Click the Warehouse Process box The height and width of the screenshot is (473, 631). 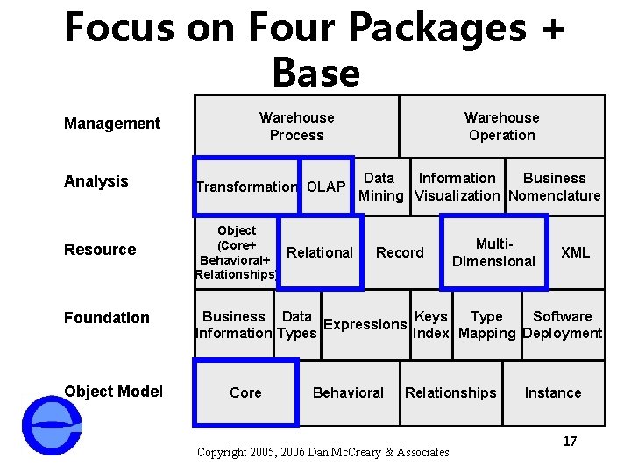pyautogui.click(x=296, y=126)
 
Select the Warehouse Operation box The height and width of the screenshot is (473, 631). pyautogui.click(x=501, y=126)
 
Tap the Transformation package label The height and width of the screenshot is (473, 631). pyautogui.click(x=246, y=187)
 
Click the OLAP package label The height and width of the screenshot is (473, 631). pyautogui.click(x=326, y=187)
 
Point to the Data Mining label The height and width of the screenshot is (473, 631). pyautogui.click(x=379, y=187)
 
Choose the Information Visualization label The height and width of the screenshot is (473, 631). pyautogui.click(x=457, y=187)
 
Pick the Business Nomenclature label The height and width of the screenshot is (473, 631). pyautogui.click(x=554, y=187)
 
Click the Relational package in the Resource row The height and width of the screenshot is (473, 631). pyautogui.click(x=320, y=252)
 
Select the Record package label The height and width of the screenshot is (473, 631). pyautogui.click(x=400, y=252)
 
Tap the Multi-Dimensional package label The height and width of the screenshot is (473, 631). pyautogui.click(x=493, y=252)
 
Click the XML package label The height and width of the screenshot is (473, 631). pyautogui.click(x=575, y=252)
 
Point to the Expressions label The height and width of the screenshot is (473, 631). pyautogui.click(x=365, y=324)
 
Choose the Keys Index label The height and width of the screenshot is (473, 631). pyautogui.click(x=430, y=324)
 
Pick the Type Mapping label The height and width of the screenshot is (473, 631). pyautogui.click(x=486, y=324)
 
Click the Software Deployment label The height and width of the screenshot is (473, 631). pyautogui.click(x=562, y=324)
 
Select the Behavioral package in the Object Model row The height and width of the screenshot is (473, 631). pyautogui.click(x=348, y=392)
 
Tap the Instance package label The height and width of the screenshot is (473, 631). pyautogui.click(x=552, y=392)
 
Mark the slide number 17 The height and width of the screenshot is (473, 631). pyautogui.click(x=570, y=441)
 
